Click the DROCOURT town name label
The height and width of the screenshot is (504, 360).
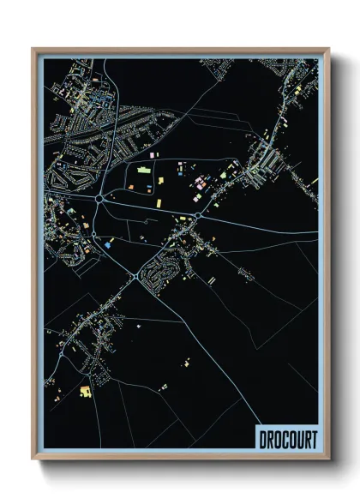(x=287, y=440)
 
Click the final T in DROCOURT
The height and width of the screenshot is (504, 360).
(x=312, y=440)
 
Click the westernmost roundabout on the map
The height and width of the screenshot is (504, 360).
(x=100, y=198)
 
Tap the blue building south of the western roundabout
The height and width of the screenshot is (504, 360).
(x=111, y=243)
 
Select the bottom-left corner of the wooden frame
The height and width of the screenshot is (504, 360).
(x=33, y=459)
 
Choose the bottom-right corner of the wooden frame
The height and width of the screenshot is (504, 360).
(x=328, y=459)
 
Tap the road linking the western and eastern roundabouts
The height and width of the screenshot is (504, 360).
(x=150, y=206)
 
